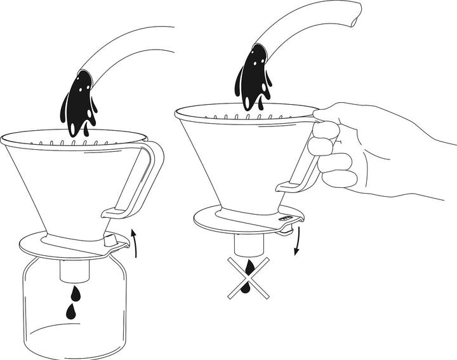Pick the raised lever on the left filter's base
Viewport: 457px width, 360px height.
[114, 240]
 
